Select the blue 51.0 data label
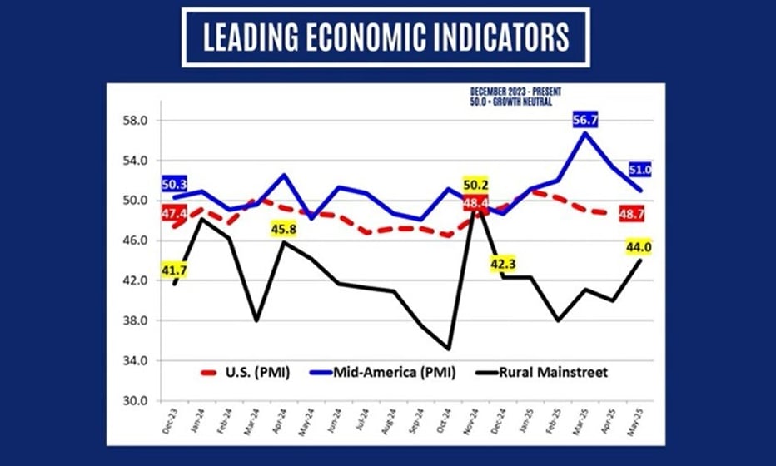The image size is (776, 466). pyautogui.click(x=639, y=170)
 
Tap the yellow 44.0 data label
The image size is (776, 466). pyautogui.click(x=639, y=245)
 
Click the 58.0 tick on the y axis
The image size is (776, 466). pyautogui.click(x=133, y=121)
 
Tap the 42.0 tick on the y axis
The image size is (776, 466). pyautogui.click(x=133, y=280)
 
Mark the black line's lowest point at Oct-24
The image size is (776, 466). pyautogui.click(x=450, y=349)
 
